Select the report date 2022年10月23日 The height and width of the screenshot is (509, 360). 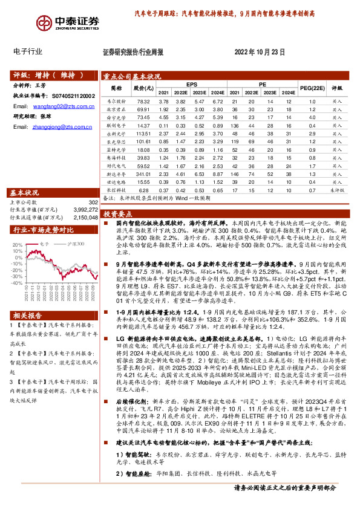(258, 53)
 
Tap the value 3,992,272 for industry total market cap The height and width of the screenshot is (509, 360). (85, 209)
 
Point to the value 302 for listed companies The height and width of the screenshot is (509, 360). (93, 202)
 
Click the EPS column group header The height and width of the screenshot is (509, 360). (192, 84)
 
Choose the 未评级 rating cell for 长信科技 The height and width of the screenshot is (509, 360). (337, 190)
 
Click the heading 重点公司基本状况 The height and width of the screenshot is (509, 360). (132, 76)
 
